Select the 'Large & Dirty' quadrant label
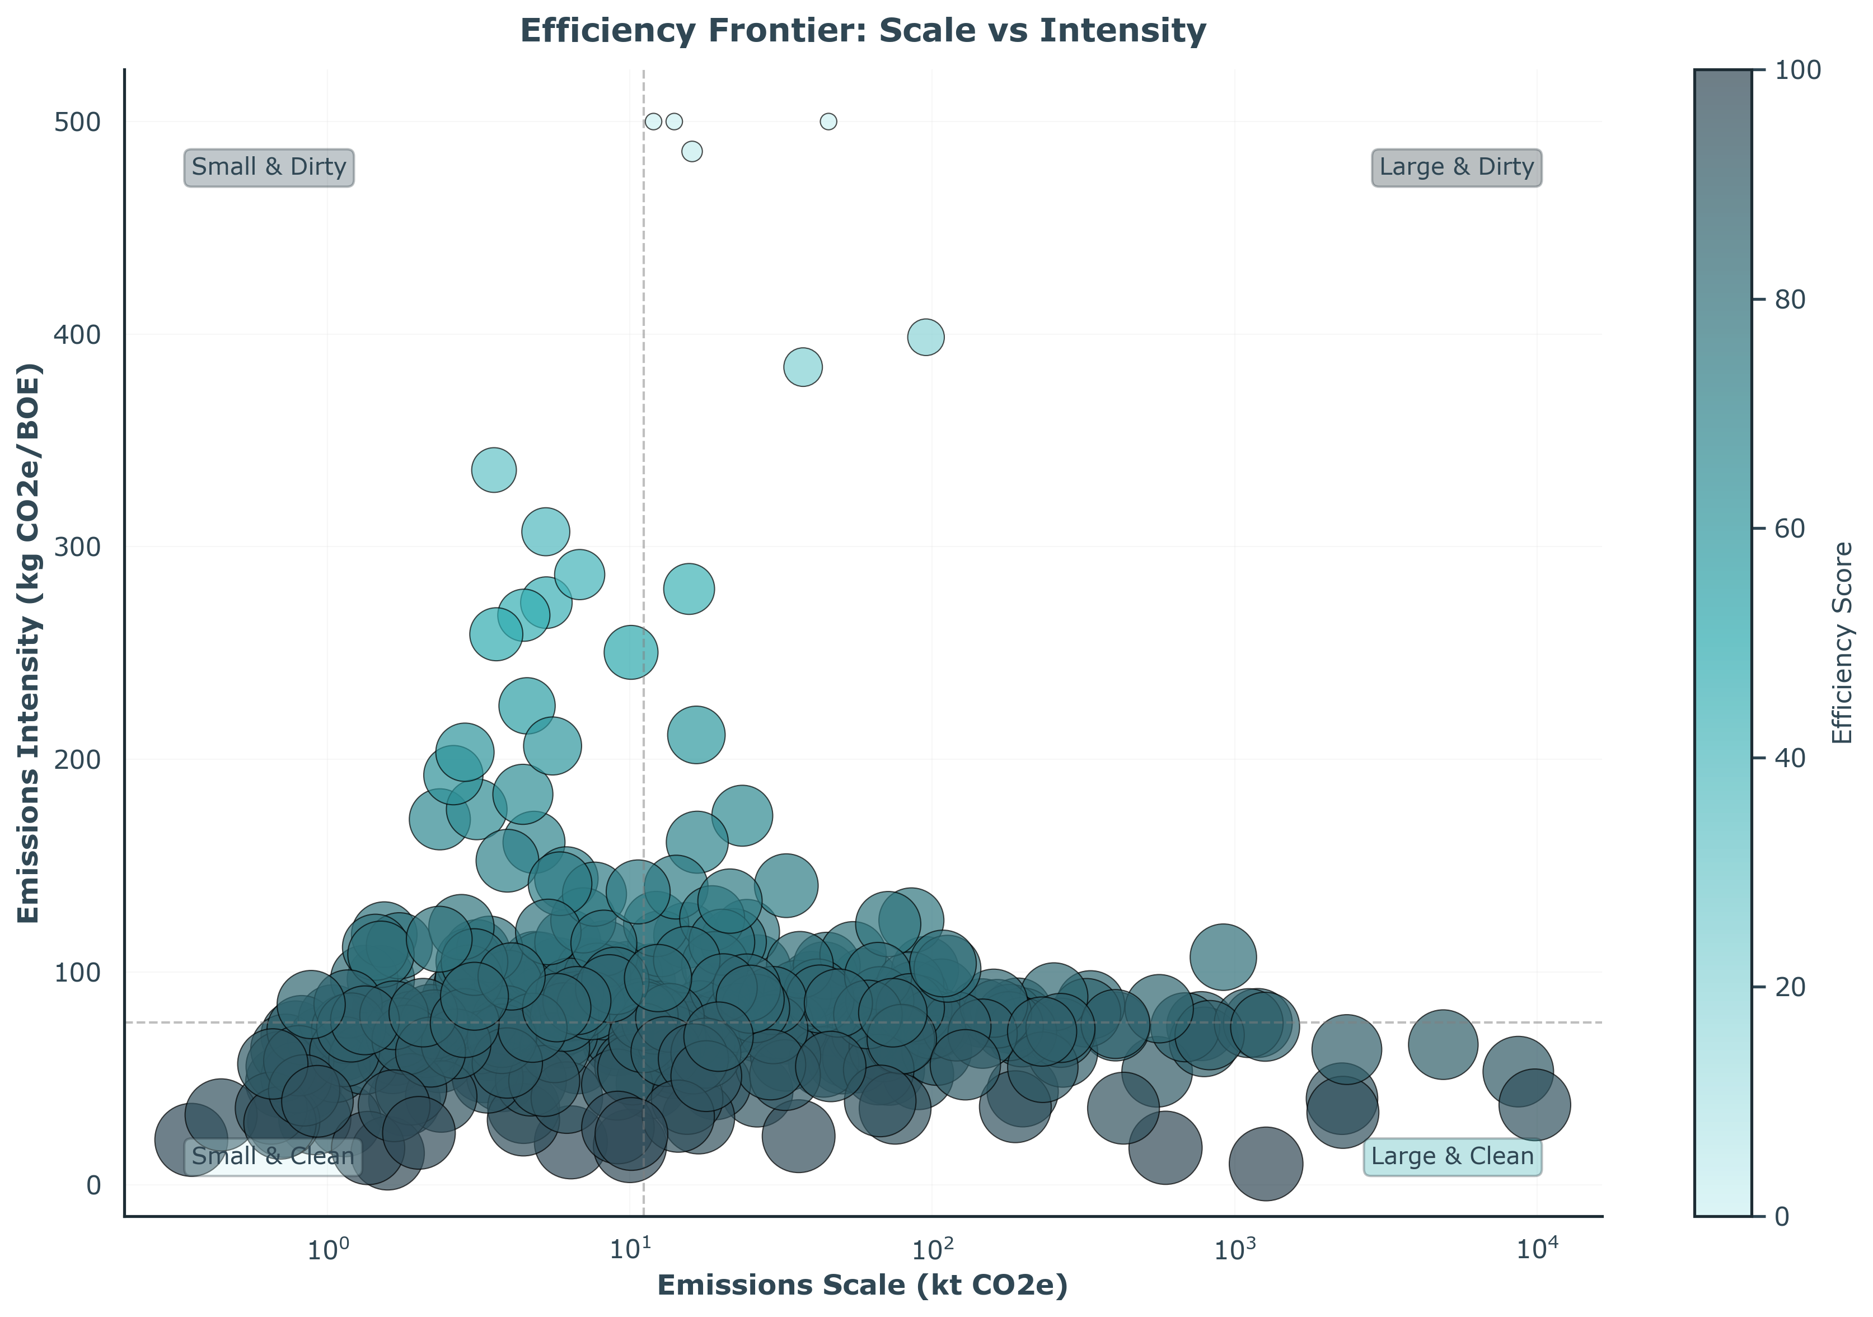1456,167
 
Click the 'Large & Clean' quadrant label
1452,1156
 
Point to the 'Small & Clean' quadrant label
273,1156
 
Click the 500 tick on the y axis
77,123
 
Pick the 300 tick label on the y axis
77,547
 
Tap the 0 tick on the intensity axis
94,1185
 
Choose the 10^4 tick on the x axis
1537,1250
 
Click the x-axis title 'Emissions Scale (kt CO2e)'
862,1285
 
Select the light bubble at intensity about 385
803,367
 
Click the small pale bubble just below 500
692,152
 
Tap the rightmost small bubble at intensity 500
828,122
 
